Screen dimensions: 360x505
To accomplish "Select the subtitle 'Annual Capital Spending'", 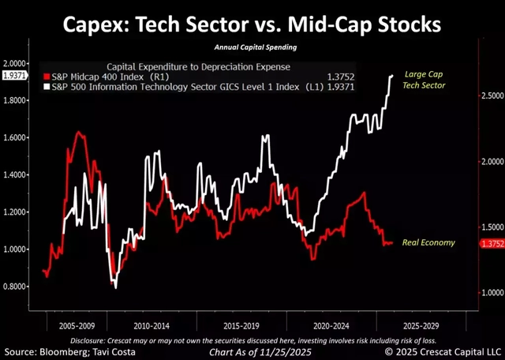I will pos(252,47).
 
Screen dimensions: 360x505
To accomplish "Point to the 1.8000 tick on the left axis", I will pos(15,100).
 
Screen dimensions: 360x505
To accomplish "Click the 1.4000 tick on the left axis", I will pos(15,174).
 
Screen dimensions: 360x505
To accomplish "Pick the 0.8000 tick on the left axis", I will pos(15,287).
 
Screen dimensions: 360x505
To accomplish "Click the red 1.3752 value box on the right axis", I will pos(492,244).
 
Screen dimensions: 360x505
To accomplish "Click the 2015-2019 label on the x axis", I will pos(238,324).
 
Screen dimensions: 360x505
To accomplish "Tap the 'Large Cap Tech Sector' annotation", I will pos(424,78).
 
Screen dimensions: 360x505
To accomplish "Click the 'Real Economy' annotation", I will pos(428,242).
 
